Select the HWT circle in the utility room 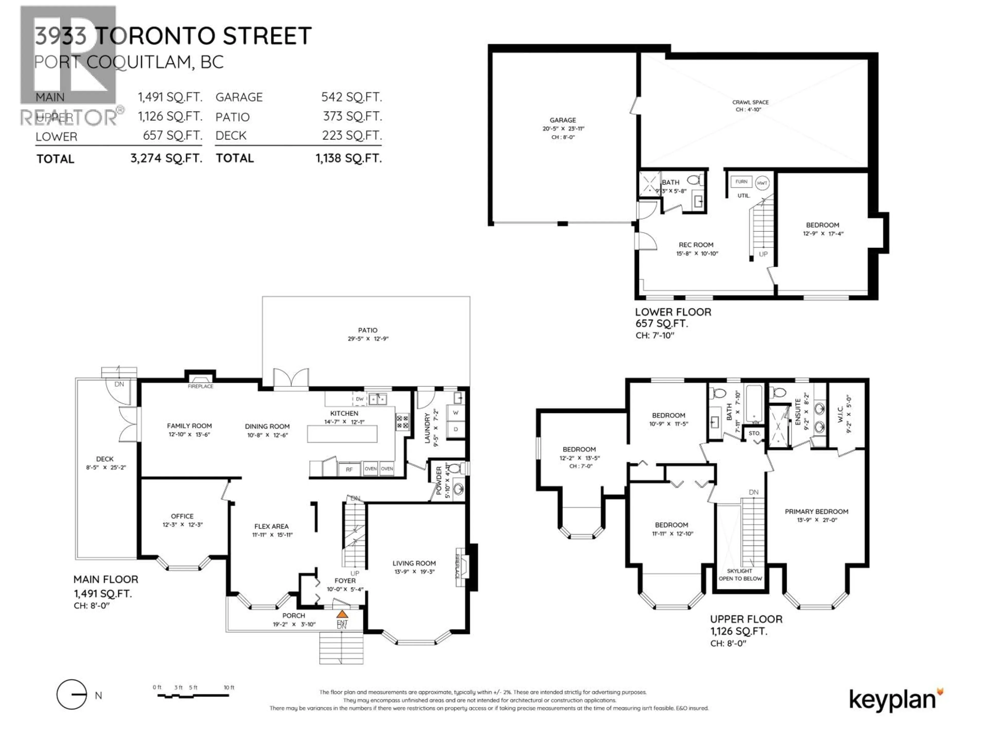762,183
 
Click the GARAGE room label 562,120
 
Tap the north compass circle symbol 72,694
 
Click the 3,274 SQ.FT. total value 166,158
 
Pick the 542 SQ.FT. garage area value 351,97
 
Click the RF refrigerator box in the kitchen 349,470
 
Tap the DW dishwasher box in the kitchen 359,399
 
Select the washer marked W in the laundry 456,413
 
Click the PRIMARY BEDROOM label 816,511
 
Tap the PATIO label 368,330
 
